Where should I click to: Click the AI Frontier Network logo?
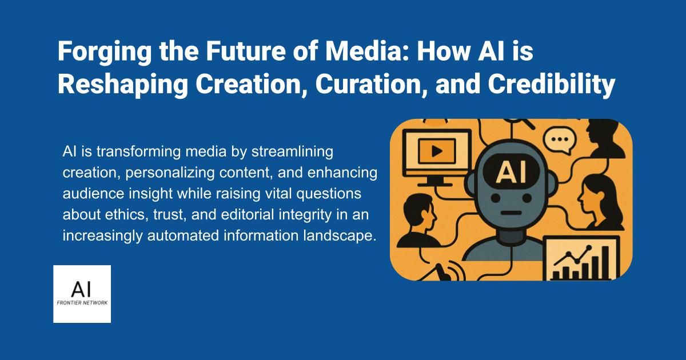(82, 294)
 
